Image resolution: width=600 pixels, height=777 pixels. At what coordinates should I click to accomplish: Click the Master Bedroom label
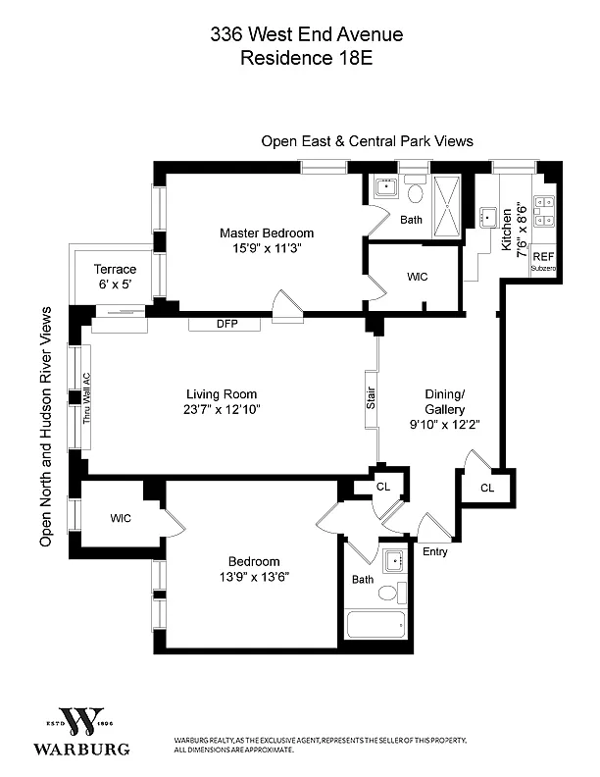267,233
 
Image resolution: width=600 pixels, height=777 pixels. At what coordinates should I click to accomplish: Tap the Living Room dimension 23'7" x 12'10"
222,410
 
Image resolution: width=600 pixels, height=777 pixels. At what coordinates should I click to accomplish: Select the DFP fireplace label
227,324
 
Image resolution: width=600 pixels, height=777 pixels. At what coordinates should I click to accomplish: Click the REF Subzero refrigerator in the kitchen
543,260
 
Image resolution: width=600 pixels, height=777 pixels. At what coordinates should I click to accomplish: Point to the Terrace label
115,269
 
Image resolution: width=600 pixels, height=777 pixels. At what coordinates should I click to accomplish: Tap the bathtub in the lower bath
375,624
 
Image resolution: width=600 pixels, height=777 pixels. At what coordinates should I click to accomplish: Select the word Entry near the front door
434,551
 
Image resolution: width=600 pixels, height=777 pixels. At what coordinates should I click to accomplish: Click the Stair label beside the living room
371,398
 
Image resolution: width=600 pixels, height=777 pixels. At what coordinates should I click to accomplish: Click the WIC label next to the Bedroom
121,518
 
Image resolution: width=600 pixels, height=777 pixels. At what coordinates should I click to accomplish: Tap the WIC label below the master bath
417,277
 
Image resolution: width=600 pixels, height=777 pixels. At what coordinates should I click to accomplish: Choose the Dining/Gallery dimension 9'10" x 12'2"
444,425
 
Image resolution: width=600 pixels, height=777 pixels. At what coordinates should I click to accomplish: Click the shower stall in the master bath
447,207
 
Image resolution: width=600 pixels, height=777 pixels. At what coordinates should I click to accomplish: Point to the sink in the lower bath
395,561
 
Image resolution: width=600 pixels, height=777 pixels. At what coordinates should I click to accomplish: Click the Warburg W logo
80,722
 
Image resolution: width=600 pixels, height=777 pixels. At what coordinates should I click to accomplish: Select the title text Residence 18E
307,58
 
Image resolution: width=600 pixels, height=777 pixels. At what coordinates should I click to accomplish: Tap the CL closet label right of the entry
487,489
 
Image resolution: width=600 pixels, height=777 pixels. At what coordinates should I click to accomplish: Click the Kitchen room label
506,229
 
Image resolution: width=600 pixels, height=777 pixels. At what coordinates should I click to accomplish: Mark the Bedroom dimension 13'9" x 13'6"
254,577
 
